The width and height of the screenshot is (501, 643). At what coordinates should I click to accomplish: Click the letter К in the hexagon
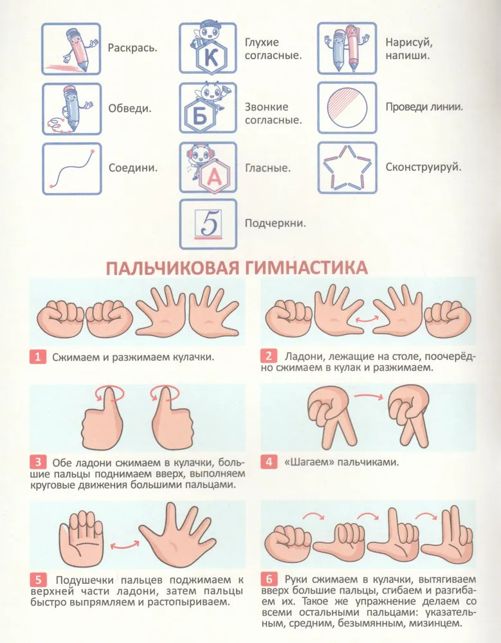pos(211,58)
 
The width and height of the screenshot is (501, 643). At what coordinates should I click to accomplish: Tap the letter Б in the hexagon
pos(200,117)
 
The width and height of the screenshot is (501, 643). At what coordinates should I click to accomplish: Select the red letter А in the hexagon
pos(214,176)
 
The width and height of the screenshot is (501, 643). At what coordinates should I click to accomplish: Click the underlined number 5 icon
pos(208,224)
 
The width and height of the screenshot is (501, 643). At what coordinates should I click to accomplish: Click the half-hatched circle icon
pos(347,108)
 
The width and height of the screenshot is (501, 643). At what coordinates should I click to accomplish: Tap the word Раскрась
pos(132,48)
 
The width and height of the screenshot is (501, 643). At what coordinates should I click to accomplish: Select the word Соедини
pos(133,168)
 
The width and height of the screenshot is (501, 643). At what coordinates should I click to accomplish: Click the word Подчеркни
pos(275,224)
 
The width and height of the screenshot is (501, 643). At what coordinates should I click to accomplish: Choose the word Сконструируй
pos(423,167)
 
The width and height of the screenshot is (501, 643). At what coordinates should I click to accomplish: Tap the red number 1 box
pos(38,357)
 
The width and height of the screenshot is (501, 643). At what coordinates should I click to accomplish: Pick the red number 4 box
pos(269,462)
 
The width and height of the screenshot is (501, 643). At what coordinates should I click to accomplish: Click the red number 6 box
pos(269,579)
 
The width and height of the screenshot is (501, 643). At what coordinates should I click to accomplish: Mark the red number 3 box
pos(38,462)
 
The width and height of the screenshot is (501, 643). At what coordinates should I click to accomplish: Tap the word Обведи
pos(130,108)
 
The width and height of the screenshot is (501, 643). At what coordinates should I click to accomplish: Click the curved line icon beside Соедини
pos(72,168)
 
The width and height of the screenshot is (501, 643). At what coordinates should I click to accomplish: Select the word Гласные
pos(268,168)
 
